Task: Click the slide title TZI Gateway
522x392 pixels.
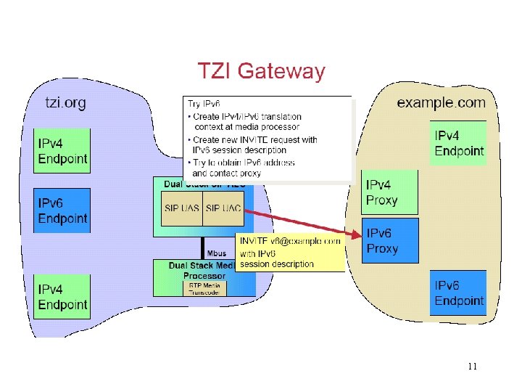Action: pyautogui.click(x=262, y=71)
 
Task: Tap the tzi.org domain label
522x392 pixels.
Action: pyautogui.click(x=66, y=102)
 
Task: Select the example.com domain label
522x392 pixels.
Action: pyautogui.click(x=441, y=102)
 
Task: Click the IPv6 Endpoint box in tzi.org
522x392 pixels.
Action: pyautogui.click(x=62, y=211)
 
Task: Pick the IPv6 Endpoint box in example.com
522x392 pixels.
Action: pyautogui.click(x=458, y=293)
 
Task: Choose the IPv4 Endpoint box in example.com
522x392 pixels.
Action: pyautogui.click(x=458, y=143)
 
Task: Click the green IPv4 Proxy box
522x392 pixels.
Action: pyautogui.click(x=391, y=192)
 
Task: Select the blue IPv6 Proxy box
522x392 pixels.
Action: pyautogui.click(x=391, y=240)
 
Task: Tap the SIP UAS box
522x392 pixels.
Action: pyautogui.click(x=181, y=208)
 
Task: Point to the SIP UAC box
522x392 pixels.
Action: pyautogui.click(x=223, y=208)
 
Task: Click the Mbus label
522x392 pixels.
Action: pyautogui.click(x=216, y=253)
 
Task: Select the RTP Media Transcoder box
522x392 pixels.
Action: pyautogui.click(x=204, y=288)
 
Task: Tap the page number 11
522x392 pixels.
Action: pyautogui.click(x=472, y=367)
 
